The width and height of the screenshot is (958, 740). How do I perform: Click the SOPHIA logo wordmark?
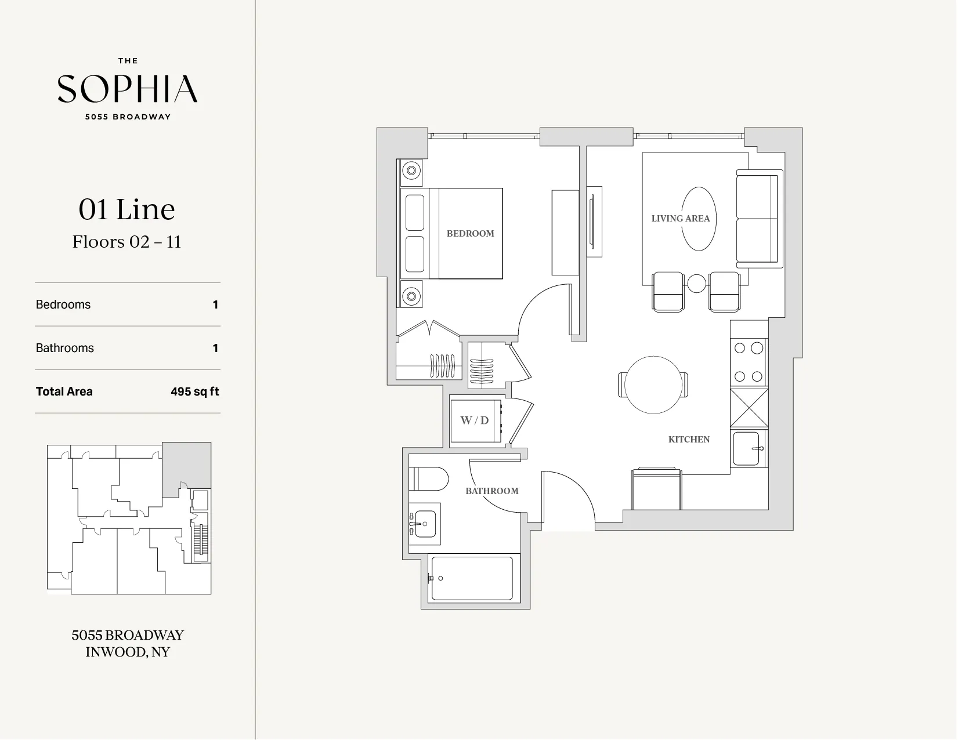pyautogui.click(x=128, y=89)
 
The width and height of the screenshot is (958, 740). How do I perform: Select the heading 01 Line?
pyautogui.click(x=127, y=209)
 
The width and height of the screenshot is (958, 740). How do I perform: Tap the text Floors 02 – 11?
pyautogui.click(x=127, y=242)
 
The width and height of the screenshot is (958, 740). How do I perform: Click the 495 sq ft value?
pyautogui.click(x=194, y=391)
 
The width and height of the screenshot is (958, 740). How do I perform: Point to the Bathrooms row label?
pyautogui.click(x=65, y=348)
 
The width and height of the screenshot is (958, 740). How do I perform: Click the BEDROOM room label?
pyautogui.click(x=470, y=233)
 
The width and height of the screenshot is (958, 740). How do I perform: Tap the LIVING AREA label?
pyautogui.click(x=680, y=219)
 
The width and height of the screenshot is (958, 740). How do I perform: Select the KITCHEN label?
pyautogui.click(x=689, y=439)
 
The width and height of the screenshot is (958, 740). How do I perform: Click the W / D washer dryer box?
pyautogui.click(x=475, y=421)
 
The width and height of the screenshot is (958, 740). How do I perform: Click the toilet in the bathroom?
pyautogui.click(x=429, y=480)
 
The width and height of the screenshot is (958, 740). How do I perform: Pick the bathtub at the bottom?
pyautogui.click(x=472, y=579)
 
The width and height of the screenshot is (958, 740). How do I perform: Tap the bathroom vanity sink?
pyautogui.click(x=424, y=524)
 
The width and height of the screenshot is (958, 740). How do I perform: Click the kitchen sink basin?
pyautogui.click(x=746, y=448)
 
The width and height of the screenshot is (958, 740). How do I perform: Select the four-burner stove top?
pyautogui.click(x=749, y=362)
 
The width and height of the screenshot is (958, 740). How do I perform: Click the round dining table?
pyautogui.click(x=653, y=385)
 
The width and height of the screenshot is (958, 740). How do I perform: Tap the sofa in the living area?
pyautogui.click(x=757, y=219)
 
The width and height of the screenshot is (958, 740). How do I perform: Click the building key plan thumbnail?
pyautogui.click(x=129, y=518)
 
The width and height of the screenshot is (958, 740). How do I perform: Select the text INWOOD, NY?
pyautogui.click(x=128, y=652)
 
